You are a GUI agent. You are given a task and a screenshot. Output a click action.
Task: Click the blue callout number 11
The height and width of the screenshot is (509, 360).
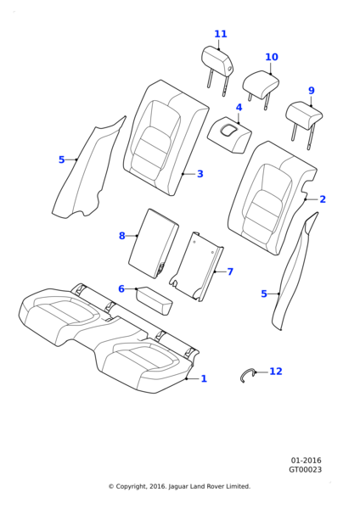220,34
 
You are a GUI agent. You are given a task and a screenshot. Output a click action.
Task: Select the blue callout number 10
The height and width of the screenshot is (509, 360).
272,57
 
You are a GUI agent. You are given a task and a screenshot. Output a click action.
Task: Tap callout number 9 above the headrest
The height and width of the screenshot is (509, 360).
312,91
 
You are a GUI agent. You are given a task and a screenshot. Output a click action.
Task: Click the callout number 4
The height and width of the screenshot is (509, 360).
239,108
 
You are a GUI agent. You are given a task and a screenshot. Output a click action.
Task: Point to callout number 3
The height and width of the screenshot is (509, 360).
200,174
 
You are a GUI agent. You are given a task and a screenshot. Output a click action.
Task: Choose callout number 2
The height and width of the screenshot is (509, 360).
323,199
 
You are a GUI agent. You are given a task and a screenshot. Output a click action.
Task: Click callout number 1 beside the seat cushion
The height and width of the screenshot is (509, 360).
204,378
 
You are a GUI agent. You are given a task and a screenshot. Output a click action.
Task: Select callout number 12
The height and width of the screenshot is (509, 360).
276,372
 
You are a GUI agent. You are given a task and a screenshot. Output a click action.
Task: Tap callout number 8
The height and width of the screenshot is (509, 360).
122,236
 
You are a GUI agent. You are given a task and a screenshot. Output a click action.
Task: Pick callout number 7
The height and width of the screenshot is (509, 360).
230,271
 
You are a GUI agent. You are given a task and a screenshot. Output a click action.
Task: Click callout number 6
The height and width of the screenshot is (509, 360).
121,288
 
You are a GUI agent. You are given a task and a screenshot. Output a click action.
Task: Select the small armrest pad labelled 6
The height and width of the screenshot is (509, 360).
155,300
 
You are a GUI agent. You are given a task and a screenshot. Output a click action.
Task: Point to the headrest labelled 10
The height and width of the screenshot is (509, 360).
261,85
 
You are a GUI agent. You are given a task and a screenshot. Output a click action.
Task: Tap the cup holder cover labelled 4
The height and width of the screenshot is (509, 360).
229,134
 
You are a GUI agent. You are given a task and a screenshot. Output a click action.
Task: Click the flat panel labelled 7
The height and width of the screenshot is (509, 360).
197,266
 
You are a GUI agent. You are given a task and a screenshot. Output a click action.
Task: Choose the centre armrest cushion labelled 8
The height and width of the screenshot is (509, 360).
154,243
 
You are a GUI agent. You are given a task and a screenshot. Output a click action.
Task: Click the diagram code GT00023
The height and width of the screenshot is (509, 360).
306,470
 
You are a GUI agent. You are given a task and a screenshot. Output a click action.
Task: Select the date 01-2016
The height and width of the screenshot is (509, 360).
306,461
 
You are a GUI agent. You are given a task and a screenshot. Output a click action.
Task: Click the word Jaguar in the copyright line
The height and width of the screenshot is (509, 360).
178,487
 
